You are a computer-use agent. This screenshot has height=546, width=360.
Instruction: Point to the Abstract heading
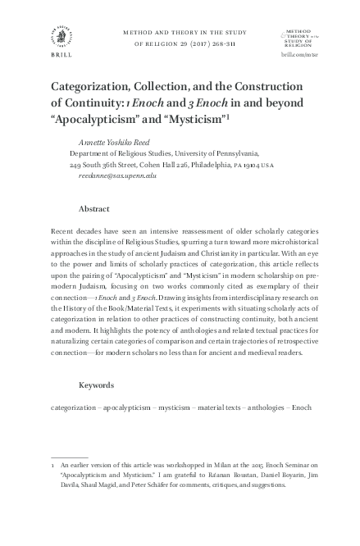pos(94,209)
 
